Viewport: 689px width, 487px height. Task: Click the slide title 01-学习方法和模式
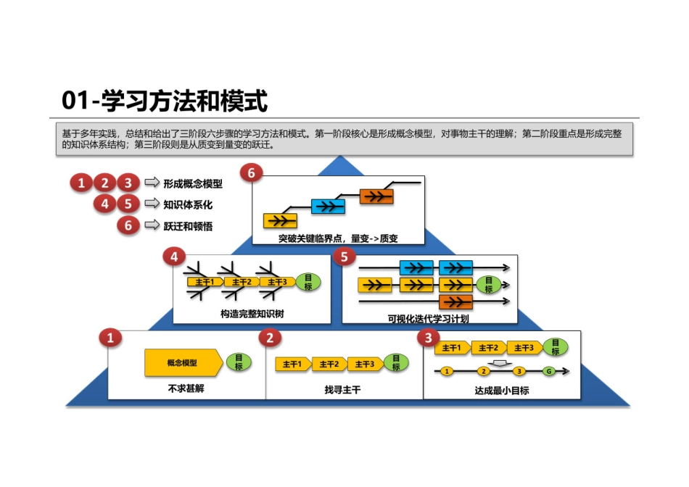165,101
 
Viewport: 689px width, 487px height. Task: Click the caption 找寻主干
342,390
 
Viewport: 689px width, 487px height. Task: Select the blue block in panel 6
328,207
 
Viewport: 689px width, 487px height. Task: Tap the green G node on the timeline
549,371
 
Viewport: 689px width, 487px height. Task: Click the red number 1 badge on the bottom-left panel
110,338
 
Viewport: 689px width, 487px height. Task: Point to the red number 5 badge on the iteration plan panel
344,257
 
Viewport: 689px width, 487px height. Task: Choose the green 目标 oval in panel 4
308,282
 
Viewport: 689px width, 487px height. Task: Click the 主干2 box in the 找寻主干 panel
329,364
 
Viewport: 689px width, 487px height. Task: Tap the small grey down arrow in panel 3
498,362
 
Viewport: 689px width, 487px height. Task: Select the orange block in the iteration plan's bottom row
455,301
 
